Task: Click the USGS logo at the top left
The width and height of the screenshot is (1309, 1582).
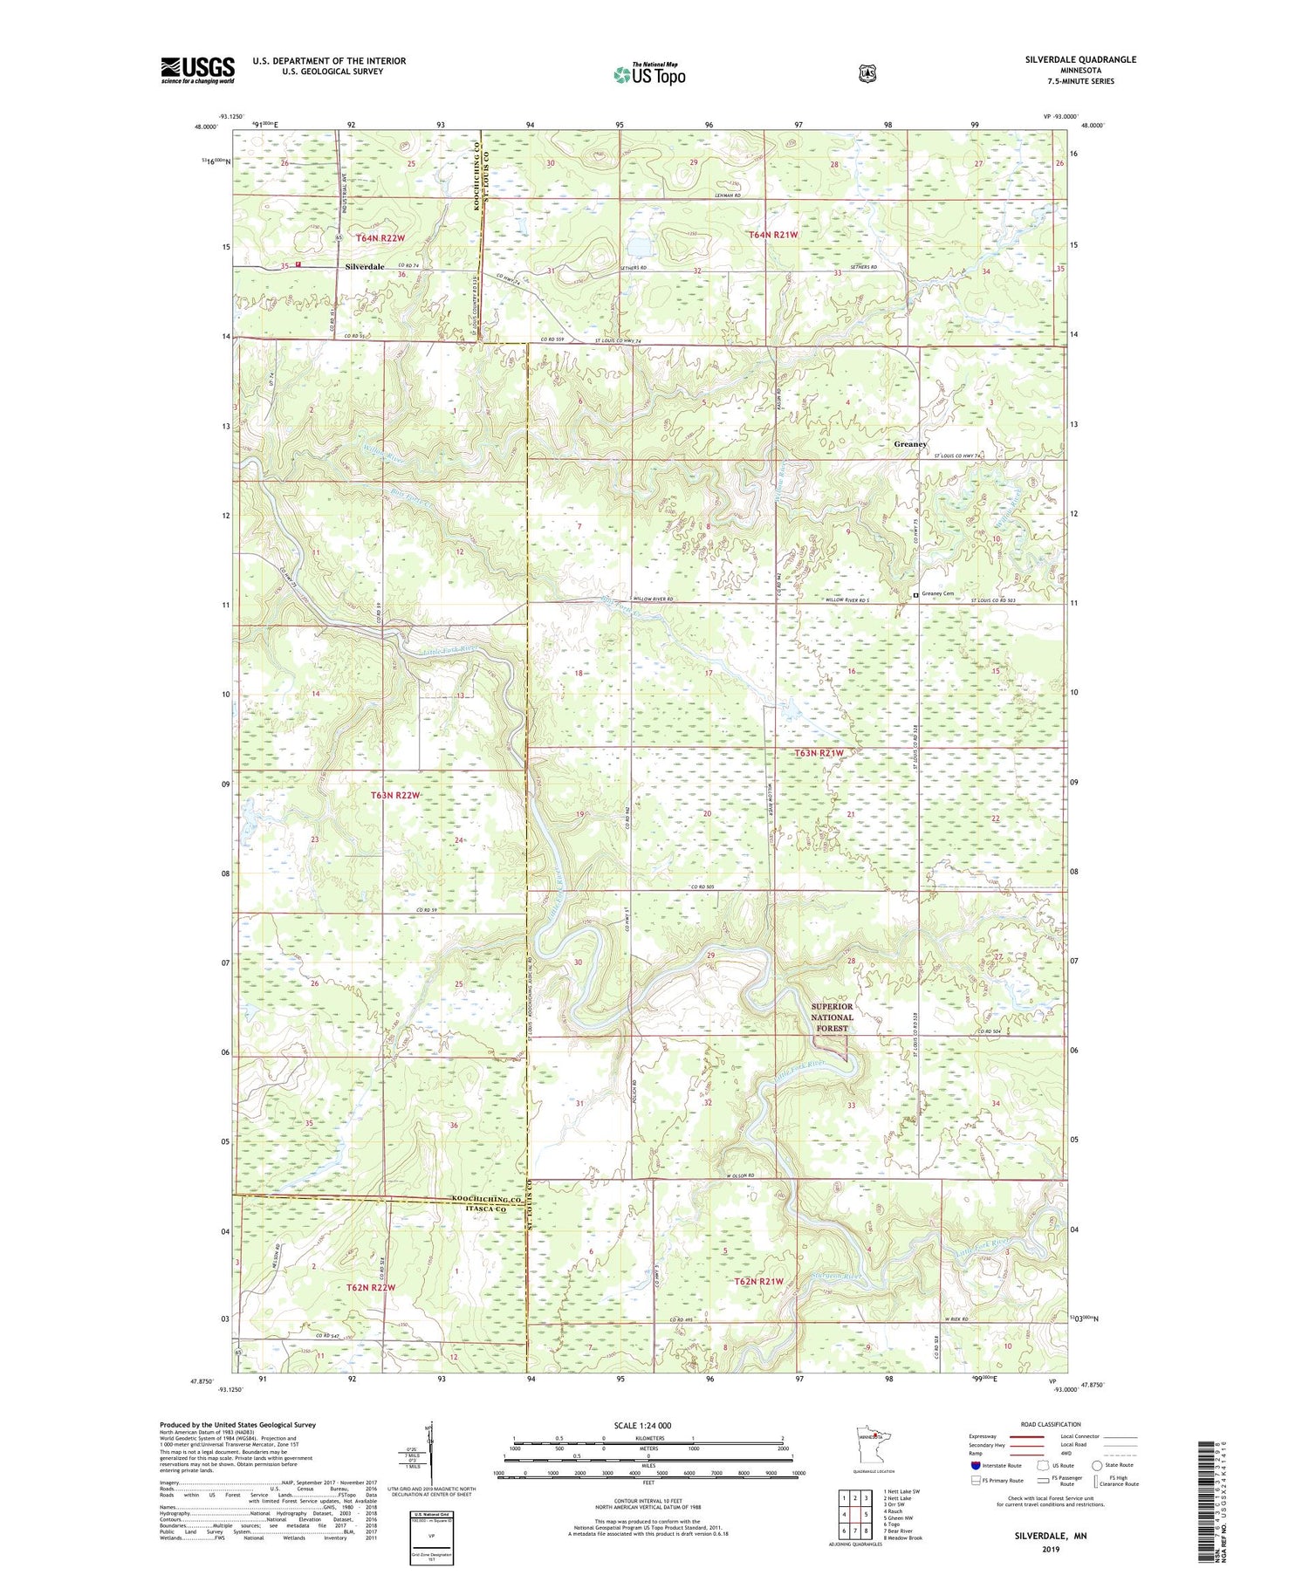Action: pyautogui.click(x=197, y=69)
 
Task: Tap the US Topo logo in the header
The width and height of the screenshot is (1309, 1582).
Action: pyautogui.click(x=648, y=74)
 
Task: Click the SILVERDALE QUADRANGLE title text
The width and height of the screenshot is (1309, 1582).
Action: pyautogui.click(x=1080, y=59)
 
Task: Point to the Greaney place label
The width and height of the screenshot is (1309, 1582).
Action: pyautogui.click(x=909, y=444)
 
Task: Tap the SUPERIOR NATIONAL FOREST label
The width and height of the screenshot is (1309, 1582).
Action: pyautogui.click(x=832, y=1017)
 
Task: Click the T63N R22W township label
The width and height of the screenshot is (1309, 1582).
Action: pyautogui.click(x=396, y=796)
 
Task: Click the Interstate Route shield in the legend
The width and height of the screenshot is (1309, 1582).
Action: pyautogui.click(x=976, y=1465)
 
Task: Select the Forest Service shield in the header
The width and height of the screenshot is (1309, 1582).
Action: pyautogui.click(x=867, y=74)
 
